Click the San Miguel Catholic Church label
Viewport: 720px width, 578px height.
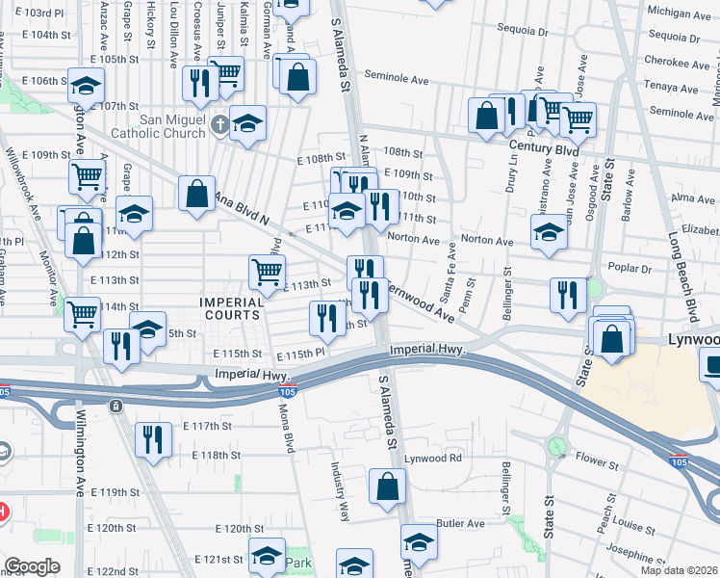(x=173, y=126)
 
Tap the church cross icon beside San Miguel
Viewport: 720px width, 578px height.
(x=220, y=124)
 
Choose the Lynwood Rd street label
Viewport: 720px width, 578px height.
(x=433, y=458)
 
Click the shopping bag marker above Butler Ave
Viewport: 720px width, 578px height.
(x=387, y=487)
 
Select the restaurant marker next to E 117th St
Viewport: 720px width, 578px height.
(x=153, y=440)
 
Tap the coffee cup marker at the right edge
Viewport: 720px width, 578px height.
(x=713, y=366)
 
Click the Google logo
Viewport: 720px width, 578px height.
(x=32, y=567)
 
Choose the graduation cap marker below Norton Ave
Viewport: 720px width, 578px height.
(x=550, y=232)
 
